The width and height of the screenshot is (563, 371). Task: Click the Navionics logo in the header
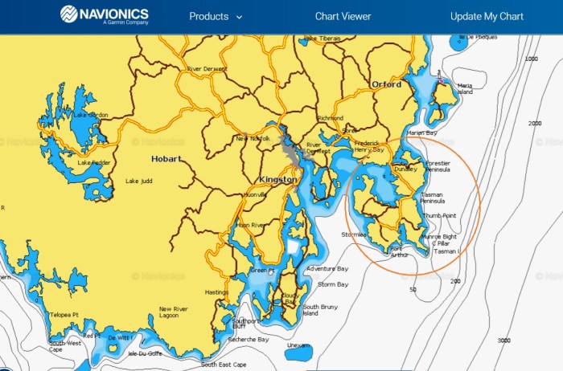105,16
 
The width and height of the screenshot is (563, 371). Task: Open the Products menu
215,16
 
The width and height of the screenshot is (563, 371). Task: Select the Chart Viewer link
343,16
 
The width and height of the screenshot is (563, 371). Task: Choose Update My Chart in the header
487,16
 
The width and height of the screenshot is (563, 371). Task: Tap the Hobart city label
166,159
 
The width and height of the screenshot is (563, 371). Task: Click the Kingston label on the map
277,180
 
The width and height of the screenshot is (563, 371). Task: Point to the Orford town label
386,84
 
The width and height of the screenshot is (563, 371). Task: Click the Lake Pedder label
94,163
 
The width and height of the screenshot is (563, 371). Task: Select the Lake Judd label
138,181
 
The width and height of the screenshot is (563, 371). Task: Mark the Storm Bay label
333,284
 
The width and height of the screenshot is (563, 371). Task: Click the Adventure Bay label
327,268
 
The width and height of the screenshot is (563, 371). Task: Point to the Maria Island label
465,88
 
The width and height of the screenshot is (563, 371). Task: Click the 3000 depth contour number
504,340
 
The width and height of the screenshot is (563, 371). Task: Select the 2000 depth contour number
536,123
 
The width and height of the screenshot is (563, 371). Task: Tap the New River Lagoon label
174,312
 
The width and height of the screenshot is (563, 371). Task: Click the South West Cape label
66,346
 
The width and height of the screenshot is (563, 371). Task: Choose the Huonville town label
255,195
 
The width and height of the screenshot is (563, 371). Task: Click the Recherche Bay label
248,340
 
